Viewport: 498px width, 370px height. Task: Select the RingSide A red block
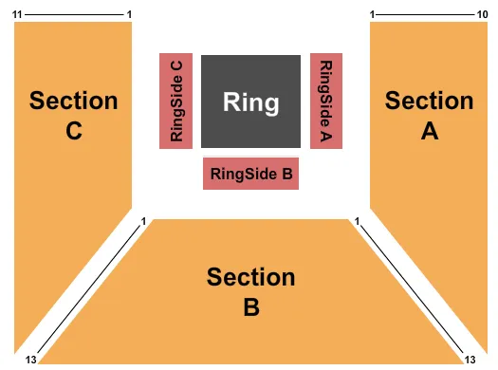pyautogui.click(x=326, y=101)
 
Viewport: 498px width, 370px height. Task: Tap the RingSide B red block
pyautogui.click(x=250, y=174)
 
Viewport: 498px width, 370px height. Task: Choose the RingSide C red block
pyautogui.click(x=176, y=101)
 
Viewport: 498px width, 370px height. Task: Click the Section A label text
pyautogui.click(x=429, y=116)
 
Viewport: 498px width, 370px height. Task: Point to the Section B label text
pyautogui.click(x=250, y=292)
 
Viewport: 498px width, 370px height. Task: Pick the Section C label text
pyautogui.click(x=74, y=116)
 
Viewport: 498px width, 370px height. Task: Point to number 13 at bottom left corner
pyautogui.click(x=30, y=360)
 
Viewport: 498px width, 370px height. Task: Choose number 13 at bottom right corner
pyautogui.click(x=470, y=360)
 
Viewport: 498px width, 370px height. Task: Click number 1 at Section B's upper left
pyautogui.click(x=143, y=222)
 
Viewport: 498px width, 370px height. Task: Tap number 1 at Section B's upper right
pyautogui.click(x=357, y=222)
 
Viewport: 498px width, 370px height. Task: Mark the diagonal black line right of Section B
pyautogui.click(x=415, y=290)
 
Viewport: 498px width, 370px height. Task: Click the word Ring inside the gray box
pyautogui.click(x=250, y=102)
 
